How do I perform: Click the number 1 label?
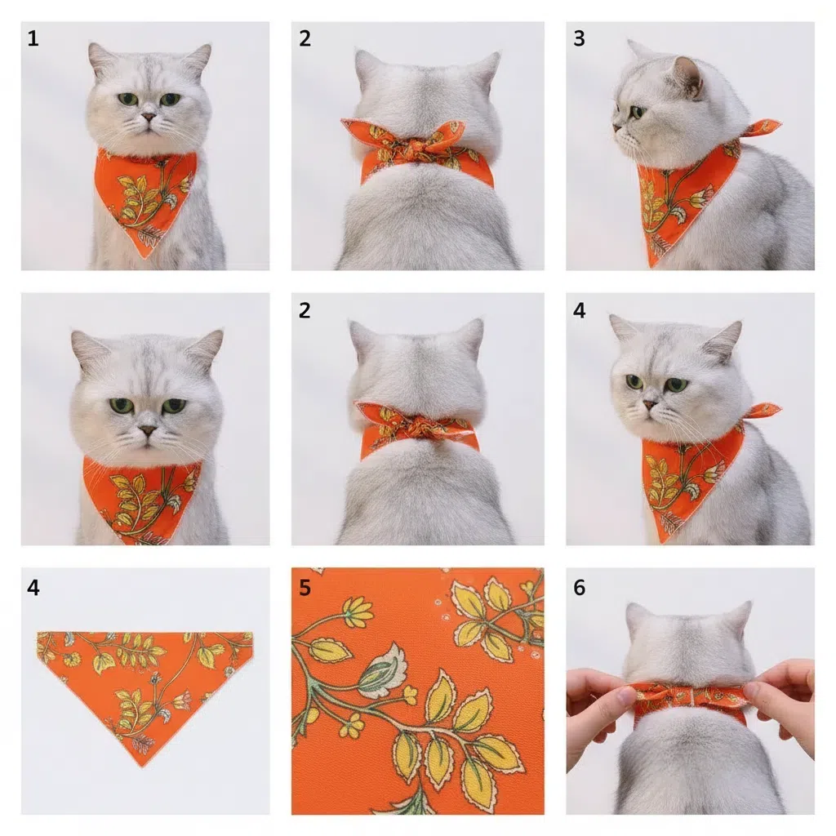(33, 38)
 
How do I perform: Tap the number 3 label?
(579, 38)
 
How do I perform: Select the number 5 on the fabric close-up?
(305, 588)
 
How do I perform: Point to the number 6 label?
(579, 588)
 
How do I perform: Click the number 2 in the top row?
(305, 38)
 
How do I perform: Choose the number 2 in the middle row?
(305, 310)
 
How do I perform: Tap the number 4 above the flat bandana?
(33, 588)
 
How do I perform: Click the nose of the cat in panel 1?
(149, 116)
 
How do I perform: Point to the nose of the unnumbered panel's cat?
(147, 429)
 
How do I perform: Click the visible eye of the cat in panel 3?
(637, 112)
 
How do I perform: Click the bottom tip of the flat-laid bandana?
(142, 766)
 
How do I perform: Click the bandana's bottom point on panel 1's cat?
(143, 257)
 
